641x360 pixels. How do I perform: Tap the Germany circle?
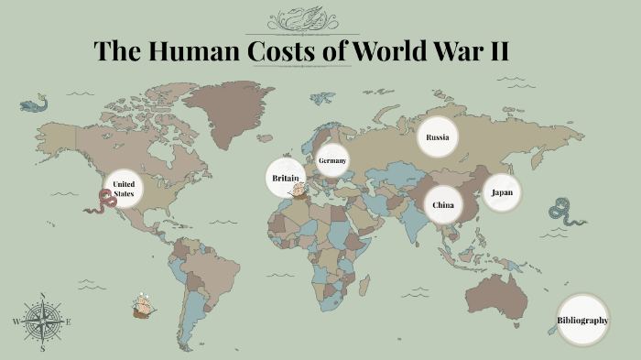tap(332, 161)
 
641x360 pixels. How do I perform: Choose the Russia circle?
tap(437, 137)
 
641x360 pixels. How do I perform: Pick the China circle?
tap(443, 204)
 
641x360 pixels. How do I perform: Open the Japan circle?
tap(502, 192)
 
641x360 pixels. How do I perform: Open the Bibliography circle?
tap(582, 320)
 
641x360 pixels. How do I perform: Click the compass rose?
tap(41, 322)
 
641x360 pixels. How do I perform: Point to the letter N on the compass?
tap(42, 296)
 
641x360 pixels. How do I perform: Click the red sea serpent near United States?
tap(100, 202)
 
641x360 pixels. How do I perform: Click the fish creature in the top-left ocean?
tap(34, 104)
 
